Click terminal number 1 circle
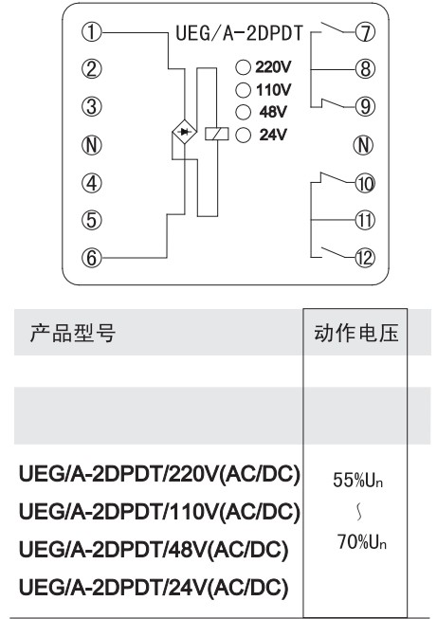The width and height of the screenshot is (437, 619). click(x=91, y=32)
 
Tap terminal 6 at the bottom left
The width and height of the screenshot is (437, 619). click(x=91, y=258)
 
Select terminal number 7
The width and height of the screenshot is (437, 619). click(x=365, y=32)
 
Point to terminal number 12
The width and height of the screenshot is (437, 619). click(x=364, y=258)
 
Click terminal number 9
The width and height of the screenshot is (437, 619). click(x=365, y=106)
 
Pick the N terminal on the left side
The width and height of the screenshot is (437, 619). click(x=91, y=145)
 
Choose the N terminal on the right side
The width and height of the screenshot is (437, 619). click(x=363, y=145)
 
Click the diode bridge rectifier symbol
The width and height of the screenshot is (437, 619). click(x=184, y=133)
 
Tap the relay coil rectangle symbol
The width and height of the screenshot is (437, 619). click(x=217, y=135)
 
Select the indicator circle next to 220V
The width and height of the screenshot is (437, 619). click(x=244, y=67)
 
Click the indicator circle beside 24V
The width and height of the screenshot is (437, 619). click(x=244, y=135)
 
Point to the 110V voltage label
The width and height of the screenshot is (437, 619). click(x=274, y=90)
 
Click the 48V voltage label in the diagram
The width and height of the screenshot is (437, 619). click(x=273, y=112)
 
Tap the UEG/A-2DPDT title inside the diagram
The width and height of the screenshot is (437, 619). click(x=239, y=33)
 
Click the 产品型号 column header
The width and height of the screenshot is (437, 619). click(x=73, y=333)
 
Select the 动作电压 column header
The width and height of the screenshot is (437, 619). click(x=356, y=333)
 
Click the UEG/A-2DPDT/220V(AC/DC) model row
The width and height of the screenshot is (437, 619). click(x=159, y=474)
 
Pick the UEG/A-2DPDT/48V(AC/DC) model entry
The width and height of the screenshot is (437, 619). click(x=154, y=550)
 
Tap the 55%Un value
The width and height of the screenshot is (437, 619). click(x=358, y=480)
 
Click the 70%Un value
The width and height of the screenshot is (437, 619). click(x=362, y=541)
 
